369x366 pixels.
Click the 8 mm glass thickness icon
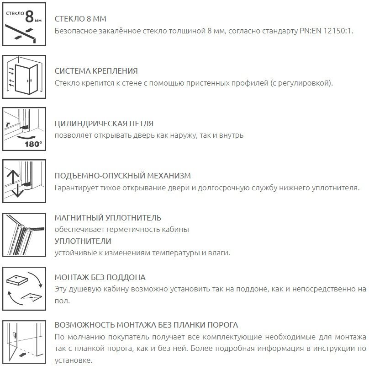pos(25,25)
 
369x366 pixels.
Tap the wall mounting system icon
pos(25,77)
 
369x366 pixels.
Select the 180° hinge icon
pos(25,129)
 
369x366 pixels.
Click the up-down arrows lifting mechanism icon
pos(25,181)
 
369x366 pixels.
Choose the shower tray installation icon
pos(25,286)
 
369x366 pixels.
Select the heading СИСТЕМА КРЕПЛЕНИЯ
pos(96,72)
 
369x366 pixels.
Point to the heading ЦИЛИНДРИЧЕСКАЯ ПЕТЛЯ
pos(104,124)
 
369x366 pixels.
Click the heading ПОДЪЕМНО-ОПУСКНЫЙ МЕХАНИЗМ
pos(122,176)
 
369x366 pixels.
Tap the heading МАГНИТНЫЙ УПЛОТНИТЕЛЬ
pos(108,218)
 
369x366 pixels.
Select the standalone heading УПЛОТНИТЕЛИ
pos(83,241)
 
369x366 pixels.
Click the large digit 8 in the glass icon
pos(29,17)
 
